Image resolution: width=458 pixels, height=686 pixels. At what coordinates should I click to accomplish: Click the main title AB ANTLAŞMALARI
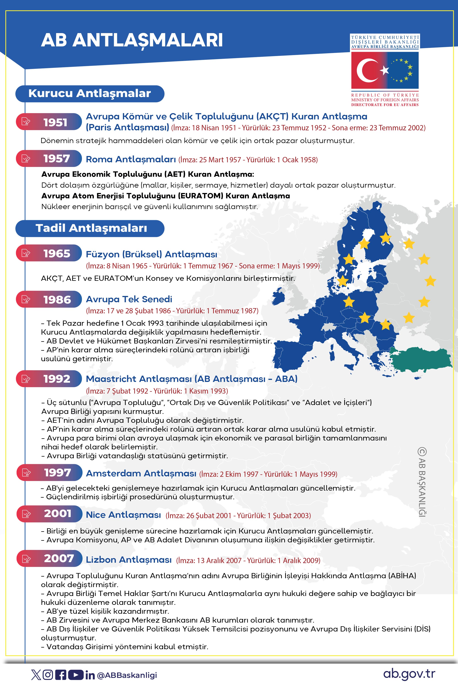pyautogui.click(x=132, y=40)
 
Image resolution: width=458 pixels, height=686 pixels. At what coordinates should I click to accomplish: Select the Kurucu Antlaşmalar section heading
pyautogui.click(x=90, y=94)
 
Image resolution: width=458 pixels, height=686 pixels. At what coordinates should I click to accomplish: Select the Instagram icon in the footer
pyautogui.click(x=48, y=675)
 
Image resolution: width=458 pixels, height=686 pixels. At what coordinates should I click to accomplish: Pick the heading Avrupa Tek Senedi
pyautogui.click(x=129, y=299)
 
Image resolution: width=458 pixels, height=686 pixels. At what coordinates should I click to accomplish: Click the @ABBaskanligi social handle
pyautogui.click(x=127, y=675)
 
